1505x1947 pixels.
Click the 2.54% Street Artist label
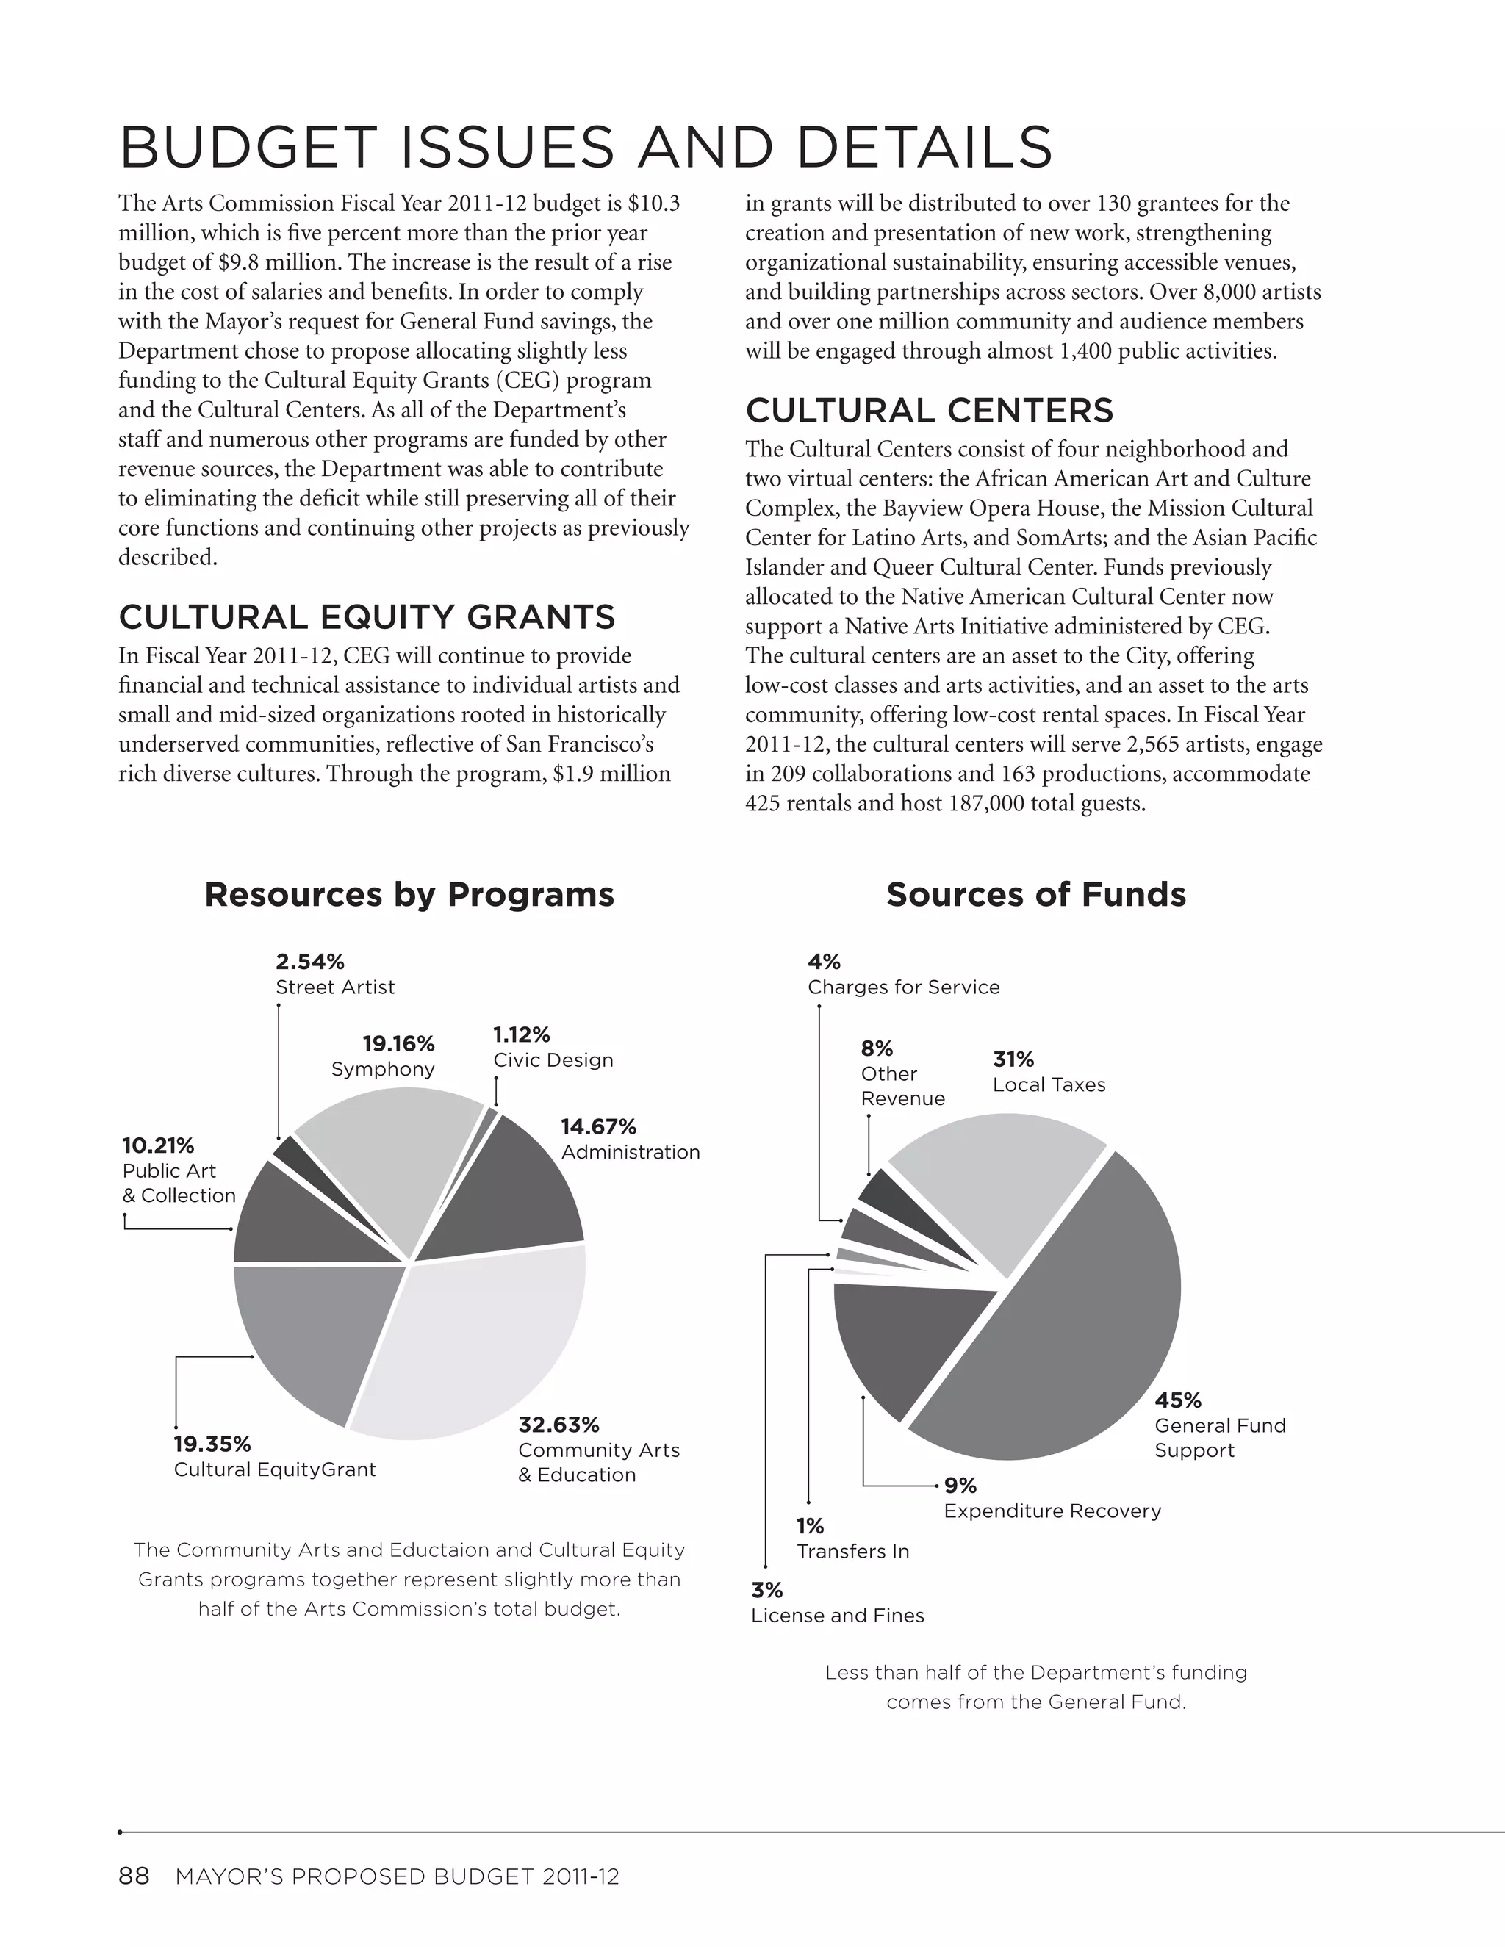(x=334, y=974)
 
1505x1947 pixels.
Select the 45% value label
(x=1178, y=1400)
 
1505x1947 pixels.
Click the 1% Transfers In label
(x=852, y=1538)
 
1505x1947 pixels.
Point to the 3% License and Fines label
(x=836, y=1603)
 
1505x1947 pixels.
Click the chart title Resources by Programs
(x=409, y=894)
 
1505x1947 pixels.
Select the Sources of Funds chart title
(x=1036, y=894)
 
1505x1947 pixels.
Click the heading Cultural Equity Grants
(x=367, y=617)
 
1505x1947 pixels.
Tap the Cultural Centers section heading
(x=929, y=411)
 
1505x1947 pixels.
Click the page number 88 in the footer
(x=134, y=1876)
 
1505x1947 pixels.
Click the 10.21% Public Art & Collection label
(x=179, y=1170)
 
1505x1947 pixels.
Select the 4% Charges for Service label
(x=902, y=974)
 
